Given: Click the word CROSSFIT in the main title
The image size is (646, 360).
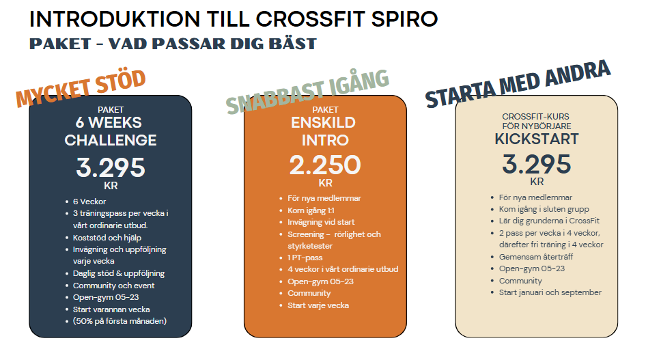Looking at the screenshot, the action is (311, 19).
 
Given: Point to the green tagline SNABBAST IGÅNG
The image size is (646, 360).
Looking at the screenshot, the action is (307, 92).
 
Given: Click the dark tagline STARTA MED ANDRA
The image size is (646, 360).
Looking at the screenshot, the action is (518, 83).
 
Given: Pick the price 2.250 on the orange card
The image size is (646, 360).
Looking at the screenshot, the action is (325, 165).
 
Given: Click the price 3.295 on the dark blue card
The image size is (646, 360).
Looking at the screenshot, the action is (111, 167).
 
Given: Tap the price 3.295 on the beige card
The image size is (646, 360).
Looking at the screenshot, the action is (537, 165).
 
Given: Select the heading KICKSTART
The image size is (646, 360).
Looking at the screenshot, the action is (537, 139).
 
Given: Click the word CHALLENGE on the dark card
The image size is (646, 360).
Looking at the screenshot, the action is (111, 141).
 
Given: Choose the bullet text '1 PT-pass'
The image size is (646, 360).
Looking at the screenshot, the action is (305, 258).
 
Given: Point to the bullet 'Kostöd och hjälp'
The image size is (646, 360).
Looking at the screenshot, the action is (107, 238).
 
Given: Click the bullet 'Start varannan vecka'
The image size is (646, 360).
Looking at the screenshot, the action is (111, 309).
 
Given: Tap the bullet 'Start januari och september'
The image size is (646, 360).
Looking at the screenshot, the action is (550, 292).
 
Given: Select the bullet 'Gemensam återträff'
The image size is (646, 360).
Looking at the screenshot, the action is (536, 257).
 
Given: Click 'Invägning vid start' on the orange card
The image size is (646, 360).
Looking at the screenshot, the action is (321, 222).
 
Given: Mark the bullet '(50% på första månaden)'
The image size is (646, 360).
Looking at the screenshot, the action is (120, 321).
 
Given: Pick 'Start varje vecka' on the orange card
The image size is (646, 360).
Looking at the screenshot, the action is (318, 305).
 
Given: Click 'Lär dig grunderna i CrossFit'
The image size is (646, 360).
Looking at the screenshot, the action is (549, 221).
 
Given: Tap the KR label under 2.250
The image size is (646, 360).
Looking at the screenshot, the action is (325, 183).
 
